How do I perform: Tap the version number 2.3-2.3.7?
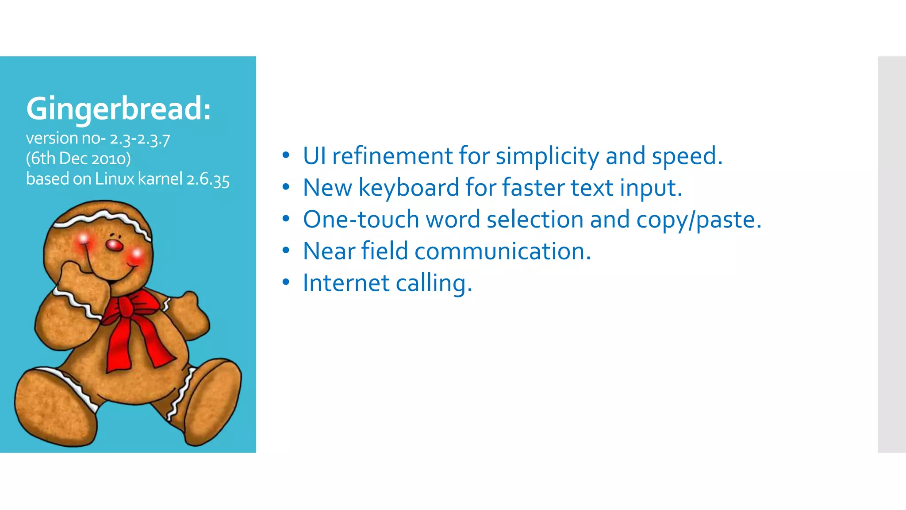140,139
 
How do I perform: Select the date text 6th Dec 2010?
79,158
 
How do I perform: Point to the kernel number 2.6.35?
208,179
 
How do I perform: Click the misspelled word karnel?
160,179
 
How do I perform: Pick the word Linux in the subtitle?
115,179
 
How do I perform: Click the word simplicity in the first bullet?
547,156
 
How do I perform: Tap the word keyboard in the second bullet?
409,188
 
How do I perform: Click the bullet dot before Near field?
286,251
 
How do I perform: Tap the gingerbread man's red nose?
115,245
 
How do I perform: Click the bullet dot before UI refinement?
286,155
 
